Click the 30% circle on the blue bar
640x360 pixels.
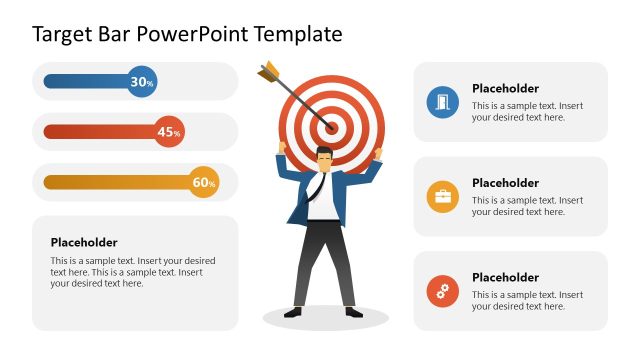142,82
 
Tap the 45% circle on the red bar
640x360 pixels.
169,132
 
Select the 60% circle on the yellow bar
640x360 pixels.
204,182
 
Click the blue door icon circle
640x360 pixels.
442,102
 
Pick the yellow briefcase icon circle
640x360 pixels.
442,197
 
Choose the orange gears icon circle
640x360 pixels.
442,292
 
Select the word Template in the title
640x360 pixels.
298,35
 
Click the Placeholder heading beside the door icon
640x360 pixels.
505,89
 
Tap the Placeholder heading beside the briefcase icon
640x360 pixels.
505,183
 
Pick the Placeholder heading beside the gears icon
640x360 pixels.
505,277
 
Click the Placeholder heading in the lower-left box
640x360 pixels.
84,242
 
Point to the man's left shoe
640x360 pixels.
352,312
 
